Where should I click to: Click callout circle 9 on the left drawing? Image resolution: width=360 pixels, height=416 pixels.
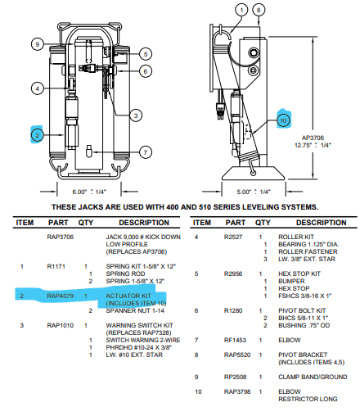[x=38, y=43]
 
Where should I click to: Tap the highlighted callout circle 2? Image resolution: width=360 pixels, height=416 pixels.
[x=37, y=133]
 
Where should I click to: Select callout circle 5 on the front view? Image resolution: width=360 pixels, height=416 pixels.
[x=144, y=54]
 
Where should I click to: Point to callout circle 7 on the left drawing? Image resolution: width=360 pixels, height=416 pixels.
[x=145, y=151]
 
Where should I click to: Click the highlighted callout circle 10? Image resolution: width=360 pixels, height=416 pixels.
[x=282, y=121]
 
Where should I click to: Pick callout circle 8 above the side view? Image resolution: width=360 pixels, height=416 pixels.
[x=259, y=10]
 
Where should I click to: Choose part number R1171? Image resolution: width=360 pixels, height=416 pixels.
[x=56, y=266]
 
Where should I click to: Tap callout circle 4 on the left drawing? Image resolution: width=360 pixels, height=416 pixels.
[x=37, y=88]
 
